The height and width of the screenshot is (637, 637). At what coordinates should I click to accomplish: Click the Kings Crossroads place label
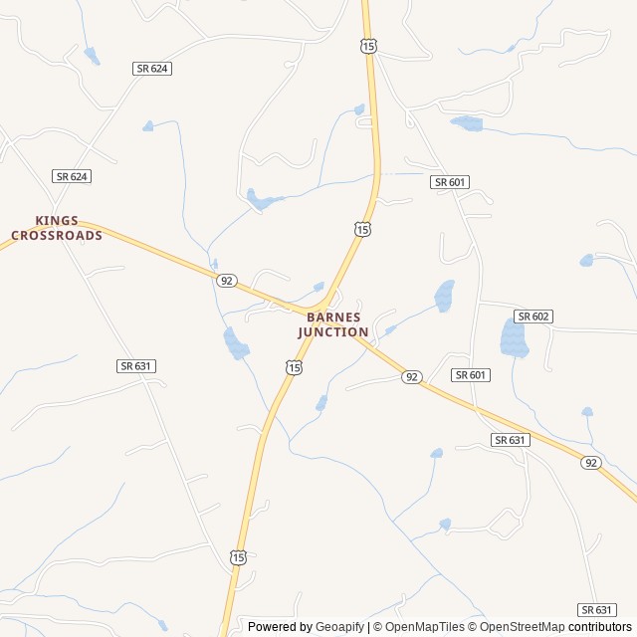tap(57, 228)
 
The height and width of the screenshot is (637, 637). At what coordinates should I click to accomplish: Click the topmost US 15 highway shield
tap(369, 47)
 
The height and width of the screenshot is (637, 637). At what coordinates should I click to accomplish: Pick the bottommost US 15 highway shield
tap(237, 557)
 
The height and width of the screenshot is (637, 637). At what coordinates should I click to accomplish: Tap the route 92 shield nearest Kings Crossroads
tap(227, 281)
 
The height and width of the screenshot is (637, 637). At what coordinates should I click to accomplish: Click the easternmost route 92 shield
tap(591, 463)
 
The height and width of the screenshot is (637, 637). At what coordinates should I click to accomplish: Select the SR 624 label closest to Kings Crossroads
tap(72, 176)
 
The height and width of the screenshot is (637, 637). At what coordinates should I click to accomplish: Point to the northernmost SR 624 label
tap(151, 68)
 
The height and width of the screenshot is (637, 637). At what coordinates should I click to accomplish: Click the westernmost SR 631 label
tap(135, 366)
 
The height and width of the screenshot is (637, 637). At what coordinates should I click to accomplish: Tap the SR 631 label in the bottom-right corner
tap(596, 610)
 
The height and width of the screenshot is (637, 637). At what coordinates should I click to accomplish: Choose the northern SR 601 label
tap(450, 182)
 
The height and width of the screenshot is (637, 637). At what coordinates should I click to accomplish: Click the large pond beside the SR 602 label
tap(514, 338)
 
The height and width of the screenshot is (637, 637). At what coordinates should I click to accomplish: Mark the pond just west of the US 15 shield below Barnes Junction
tap(236, 344)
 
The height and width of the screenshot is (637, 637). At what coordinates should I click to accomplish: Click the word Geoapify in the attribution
tap(339, 627)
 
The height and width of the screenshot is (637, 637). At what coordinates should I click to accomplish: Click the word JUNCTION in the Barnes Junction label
tap(333, 332)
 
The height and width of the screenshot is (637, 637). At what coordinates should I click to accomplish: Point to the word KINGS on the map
tap(57, 221)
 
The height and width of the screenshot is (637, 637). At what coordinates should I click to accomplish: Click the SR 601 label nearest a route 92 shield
tap(470, 374)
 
